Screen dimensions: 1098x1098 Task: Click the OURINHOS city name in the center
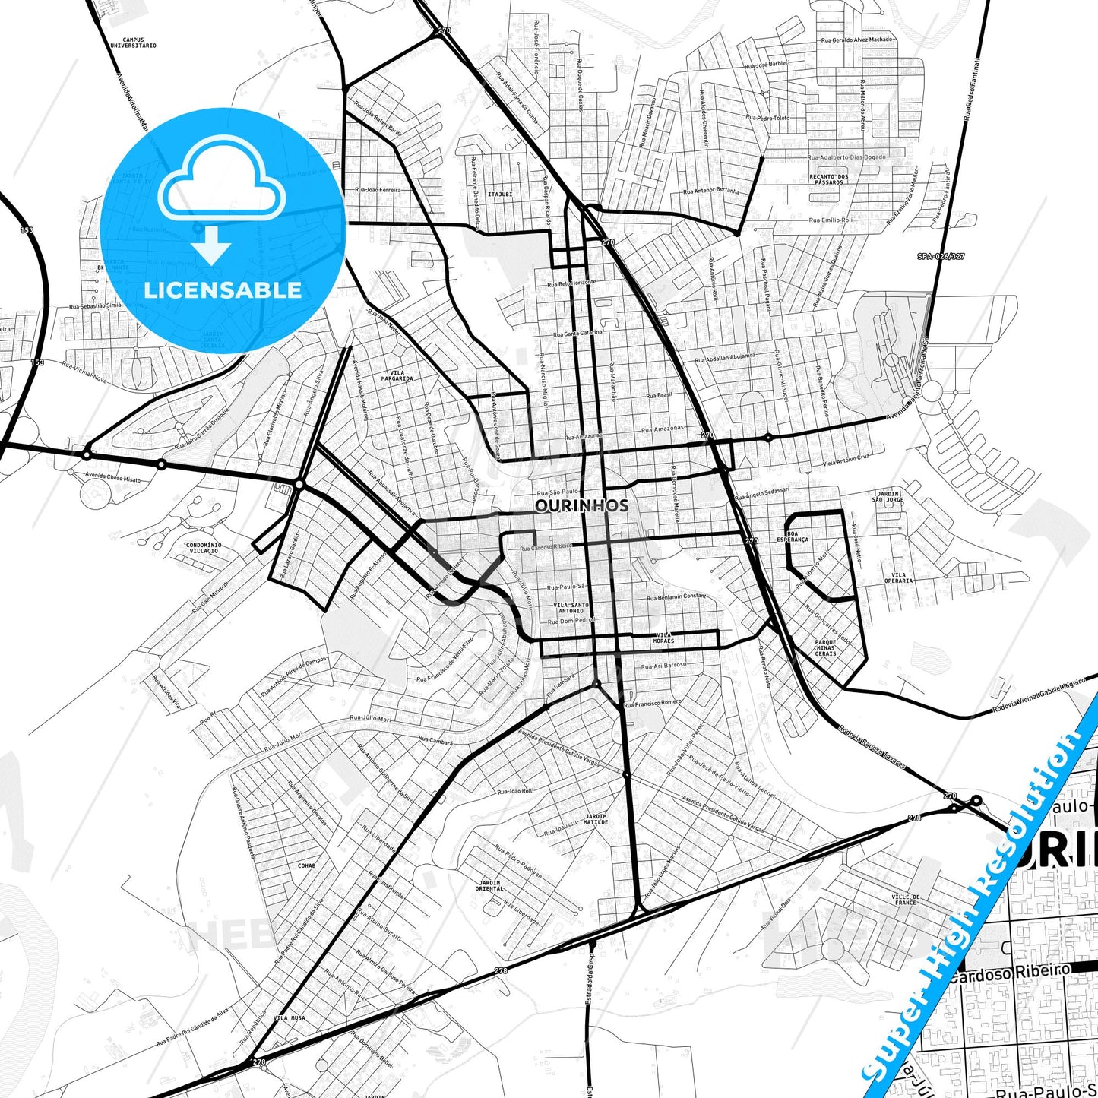click(581, 505)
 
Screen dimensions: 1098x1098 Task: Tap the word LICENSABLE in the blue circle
click(223, 290)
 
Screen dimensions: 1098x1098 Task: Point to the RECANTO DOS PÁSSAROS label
click(828, 179)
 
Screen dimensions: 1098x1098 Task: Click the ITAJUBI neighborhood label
click(500, 194)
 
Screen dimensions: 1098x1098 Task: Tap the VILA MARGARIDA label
click(397, 375)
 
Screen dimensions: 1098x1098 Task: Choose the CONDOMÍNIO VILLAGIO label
click(203, 548)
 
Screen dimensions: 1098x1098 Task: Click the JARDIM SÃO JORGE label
click(888, 496)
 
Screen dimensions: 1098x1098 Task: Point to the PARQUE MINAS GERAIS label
click(825, 647)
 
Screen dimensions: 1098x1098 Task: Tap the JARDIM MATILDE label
click(596, 819)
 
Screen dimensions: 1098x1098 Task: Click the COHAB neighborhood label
click(306, 865)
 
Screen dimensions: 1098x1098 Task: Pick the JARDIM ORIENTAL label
click(489, 884)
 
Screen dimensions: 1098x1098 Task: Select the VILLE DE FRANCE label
click(906, 900)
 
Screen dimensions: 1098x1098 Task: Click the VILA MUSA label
click(289, 1017)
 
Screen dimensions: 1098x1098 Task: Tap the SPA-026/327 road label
click(940, 256)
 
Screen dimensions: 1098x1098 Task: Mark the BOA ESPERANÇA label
click(793, 536)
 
